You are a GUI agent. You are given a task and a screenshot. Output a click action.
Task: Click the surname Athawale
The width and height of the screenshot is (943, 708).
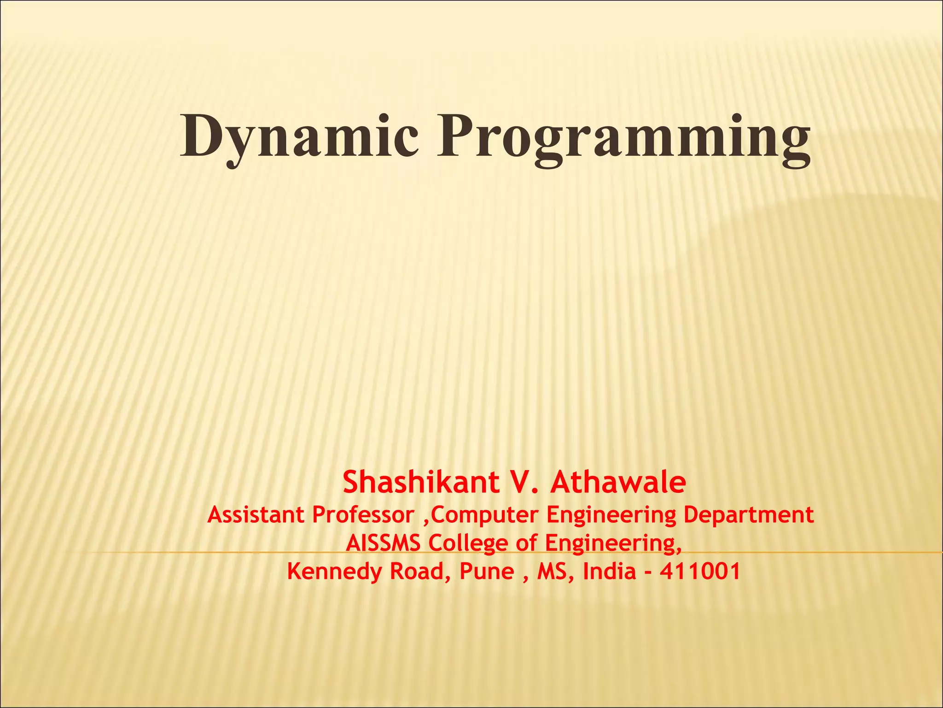click(618, 483)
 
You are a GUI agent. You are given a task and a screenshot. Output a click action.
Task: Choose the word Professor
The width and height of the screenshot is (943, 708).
click(363, 515)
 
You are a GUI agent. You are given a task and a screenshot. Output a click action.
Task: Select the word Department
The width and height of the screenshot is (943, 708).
click(749, 515)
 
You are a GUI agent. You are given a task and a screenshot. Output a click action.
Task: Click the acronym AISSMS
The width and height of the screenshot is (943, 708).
click(383, 543)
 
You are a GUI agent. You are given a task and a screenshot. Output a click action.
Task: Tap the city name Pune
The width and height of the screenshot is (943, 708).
click(487, 572)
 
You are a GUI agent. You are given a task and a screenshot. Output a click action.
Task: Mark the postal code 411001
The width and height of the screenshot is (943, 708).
click(700, 572)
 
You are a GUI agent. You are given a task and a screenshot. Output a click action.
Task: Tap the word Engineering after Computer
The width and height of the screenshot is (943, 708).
click(611, 515)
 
